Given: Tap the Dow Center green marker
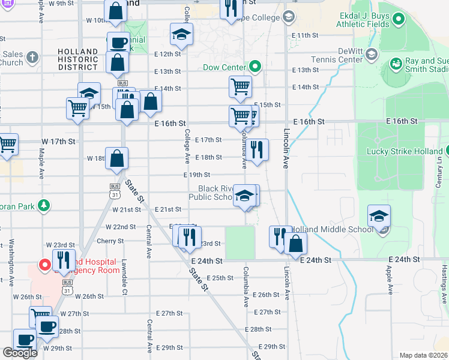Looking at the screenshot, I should pyautogui.click(x=255, y=67).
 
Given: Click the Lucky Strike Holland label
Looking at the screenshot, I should pyautogui.click(x=403, y=151).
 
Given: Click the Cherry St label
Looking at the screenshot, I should pyautogui.click(x=110, y=241).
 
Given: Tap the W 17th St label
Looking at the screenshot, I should pyautogui.click(x=58, y=142).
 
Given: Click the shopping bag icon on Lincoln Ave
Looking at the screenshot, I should pyautogui.click(x=295, y=244).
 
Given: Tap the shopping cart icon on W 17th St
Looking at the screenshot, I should pyautogui.click(x=7, y=144).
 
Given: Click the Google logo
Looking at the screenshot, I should pyautogui.click(x=20, y=353).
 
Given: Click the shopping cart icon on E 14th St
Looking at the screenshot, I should pyautogui.click(x=240, y=86).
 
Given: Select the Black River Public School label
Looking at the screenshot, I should pyautogui.click(x=211, y=193).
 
